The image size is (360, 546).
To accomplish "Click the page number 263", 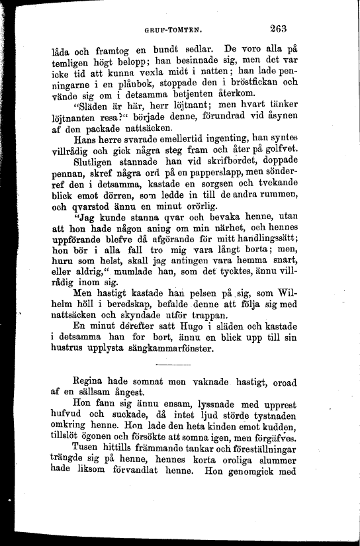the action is click(x=282, y=28).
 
